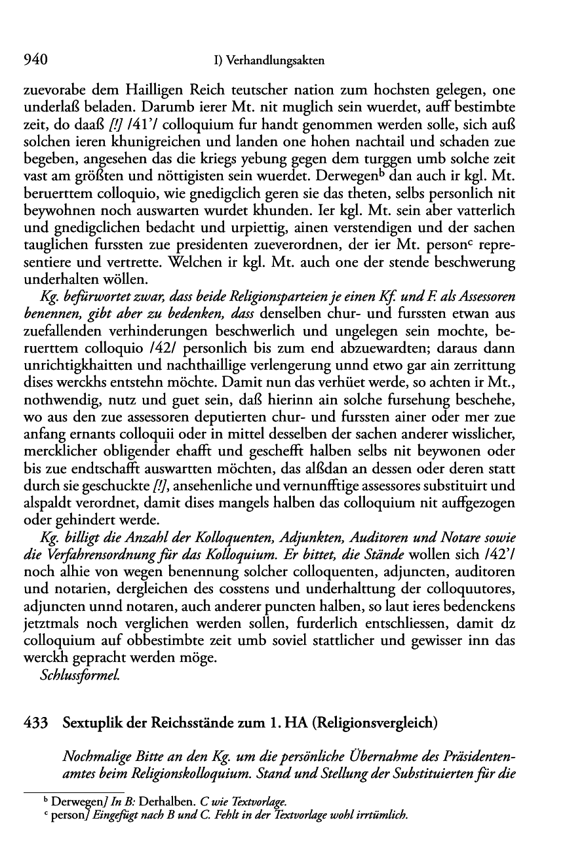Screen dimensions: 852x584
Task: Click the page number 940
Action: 36,61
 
